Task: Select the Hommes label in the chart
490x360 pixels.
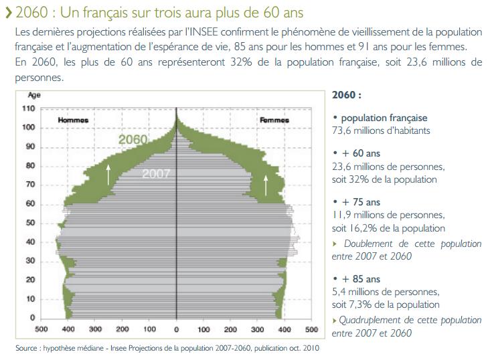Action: [x=73, y=120]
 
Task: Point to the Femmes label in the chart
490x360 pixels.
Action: [x=274, y=120]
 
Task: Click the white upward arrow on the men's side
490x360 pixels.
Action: [x=108, y=173]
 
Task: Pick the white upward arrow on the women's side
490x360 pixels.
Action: [x=266, y=183]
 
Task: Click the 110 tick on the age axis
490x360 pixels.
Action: [x=28, y=108]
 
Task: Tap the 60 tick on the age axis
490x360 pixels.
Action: [x=30, y=203]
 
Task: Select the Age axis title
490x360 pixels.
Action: [x=33, y=96]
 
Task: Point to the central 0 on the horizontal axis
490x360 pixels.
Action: [x=176, y=329]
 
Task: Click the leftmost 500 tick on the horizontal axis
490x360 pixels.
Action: [x=41, y=329]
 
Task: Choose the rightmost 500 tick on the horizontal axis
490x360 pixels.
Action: [x=311, y=329]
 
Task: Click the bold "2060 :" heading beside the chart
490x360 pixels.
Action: [x=346, y=96]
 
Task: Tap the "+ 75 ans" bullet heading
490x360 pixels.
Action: [x=360, y=202]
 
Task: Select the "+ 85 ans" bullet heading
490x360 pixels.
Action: [x=360, y=279]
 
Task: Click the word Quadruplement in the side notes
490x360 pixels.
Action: [x=370, y=321]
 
